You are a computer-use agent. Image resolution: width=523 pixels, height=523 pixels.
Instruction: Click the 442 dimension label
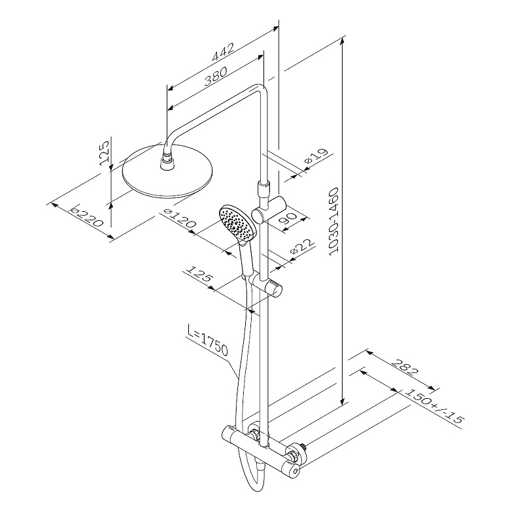coord(223,52)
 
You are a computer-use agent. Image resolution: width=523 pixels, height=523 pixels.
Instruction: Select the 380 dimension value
coord(216,76)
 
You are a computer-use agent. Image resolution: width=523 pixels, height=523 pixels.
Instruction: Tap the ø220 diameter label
coord(86,216)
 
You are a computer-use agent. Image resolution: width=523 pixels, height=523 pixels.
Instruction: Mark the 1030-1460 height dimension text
coord(333,222)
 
